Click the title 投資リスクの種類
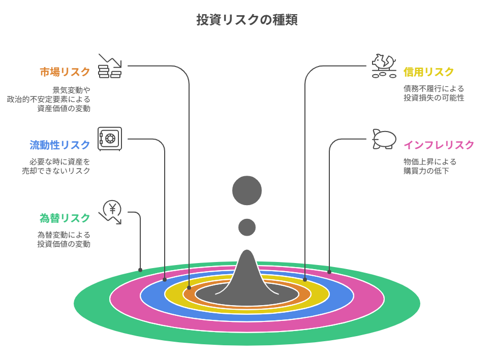tap(247, 20)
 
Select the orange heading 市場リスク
tap(65, 72)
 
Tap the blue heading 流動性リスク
tap(60, 145)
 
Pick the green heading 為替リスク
tap(65, 218)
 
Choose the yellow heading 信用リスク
tap(428, 72)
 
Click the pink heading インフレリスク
tap(439, 145)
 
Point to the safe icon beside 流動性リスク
tap(110, 139)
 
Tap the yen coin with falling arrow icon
tap(111, 212)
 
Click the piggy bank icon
tap(384, 139)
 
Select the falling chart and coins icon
tap(110, 66)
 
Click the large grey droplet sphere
tap(247, 190)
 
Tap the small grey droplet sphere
tap(247, 227)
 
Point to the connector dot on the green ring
tap(140, 270)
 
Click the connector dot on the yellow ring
tap(305, 279)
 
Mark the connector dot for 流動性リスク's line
tap(165, 279)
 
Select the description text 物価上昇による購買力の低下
tap(430, 167)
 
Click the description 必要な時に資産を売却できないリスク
tap(56, 167)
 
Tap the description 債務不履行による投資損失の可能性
tap(434, 93)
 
